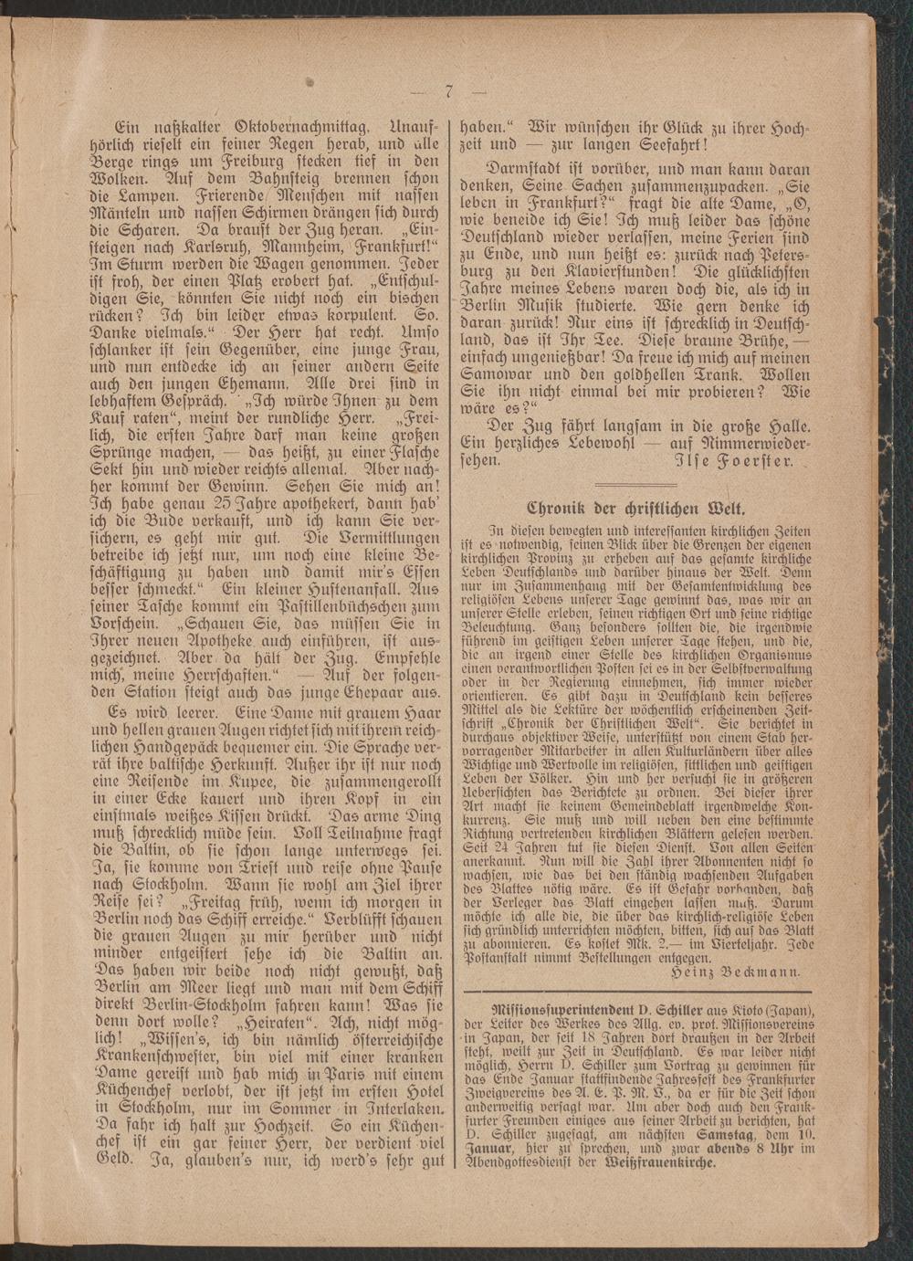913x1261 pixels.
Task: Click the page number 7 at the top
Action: (x=450, y=91)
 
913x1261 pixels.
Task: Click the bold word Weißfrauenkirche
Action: (x=658, y=1163)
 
